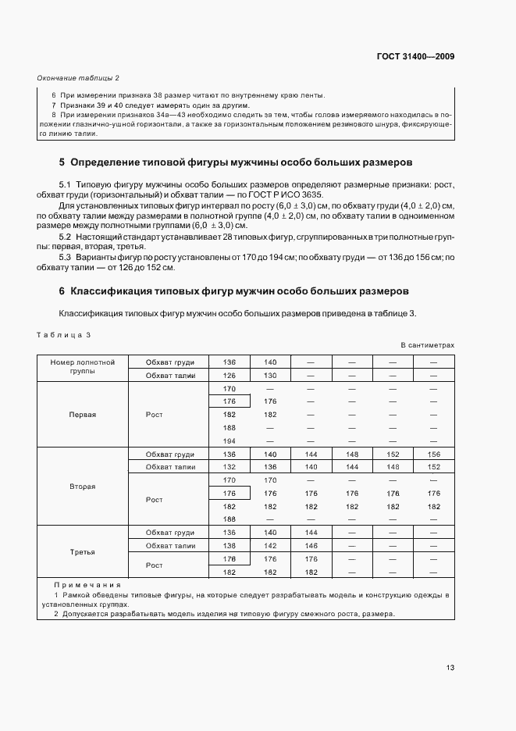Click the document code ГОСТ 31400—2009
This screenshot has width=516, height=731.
[x=415, y=56]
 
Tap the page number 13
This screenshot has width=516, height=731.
[x=450, y=668]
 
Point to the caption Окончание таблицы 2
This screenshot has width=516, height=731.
[x=78, y=78]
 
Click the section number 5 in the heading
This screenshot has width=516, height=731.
[x=62, y=163]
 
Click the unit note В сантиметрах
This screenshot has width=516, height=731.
[x=427, y=344]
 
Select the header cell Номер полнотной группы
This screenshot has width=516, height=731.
[x=82, y=367]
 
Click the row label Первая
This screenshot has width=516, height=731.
[x=82, y=415]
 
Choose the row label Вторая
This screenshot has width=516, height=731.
[x=82, y=486]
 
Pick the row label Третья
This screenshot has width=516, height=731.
[x=82, y=551]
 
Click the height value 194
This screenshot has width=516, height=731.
[x=230, y=441]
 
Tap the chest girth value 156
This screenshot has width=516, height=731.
[x=434, y=454]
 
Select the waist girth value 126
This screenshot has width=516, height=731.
[x=230, y=375]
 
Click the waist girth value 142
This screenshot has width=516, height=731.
[x=270, y=546]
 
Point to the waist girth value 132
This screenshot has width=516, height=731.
[x=230, y=467]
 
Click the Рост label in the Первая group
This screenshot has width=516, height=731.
[x=155, y=415]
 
